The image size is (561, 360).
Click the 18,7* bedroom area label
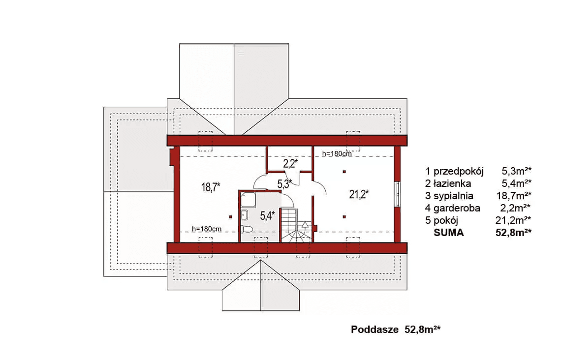211,187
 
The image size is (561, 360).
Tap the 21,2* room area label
359,194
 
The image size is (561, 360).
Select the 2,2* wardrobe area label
290,164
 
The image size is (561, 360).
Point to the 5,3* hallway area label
284,184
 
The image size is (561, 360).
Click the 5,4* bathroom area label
267,215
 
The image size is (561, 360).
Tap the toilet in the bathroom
247,229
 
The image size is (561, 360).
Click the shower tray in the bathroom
247,200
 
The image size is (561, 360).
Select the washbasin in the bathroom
244,215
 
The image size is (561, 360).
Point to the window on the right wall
397,194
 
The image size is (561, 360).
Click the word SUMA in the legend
449,233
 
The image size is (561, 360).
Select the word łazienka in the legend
452,184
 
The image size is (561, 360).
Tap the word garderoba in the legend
457,208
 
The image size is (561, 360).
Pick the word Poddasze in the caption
374,329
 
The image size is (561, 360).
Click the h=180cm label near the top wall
337,154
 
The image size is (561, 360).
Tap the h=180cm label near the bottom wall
207,229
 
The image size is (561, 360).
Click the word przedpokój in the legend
459,172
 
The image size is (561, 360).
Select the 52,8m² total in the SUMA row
513,233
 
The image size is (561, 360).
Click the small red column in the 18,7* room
231,217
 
